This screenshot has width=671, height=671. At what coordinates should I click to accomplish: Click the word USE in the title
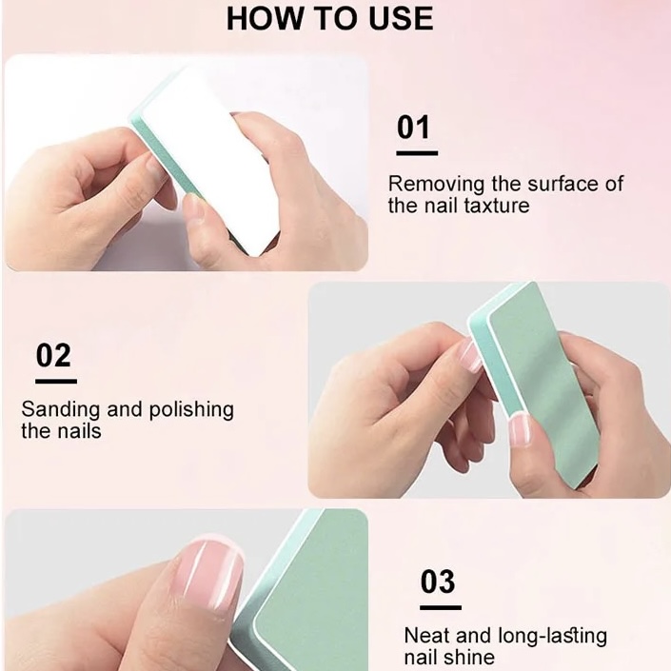click(401, 18)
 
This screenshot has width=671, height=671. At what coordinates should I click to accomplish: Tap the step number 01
click(413, 128)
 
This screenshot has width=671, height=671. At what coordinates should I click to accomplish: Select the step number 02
click(53, 355)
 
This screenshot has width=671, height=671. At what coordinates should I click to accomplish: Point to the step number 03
click(438, 582)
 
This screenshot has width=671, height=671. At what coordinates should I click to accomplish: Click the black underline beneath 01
click(417, 153)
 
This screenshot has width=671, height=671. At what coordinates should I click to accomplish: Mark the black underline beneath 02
click(56, 381)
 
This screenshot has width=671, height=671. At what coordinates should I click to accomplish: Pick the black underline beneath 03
click(441, 607)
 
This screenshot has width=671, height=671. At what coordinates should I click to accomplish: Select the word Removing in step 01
click(437, 185)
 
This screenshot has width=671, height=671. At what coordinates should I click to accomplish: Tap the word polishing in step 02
click(191, 410)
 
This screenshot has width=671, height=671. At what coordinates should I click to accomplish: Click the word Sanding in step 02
click(61, 409)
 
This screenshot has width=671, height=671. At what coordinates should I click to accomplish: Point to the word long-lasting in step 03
click(552, 636)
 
